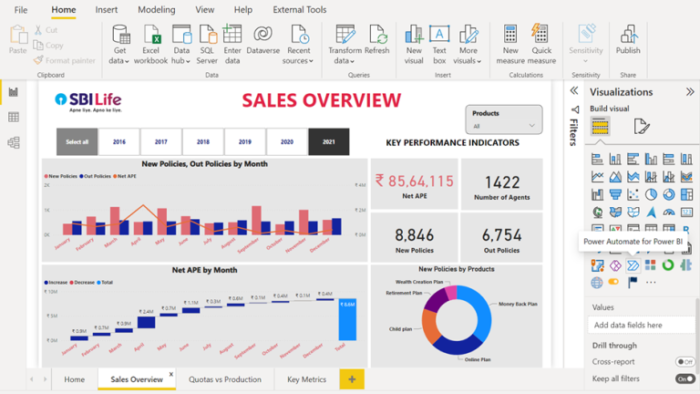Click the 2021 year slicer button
[328, 141]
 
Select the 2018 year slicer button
[202, 141]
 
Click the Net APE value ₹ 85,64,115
[414, 181]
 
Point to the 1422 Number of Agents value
[501, 182]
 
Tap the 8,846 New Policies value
[414, 234]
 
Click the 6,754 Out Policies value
[501, 234]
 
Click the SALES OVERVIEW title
[321, 100]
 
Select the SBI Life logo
[88, 101]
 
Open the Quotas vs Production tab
[224, 379]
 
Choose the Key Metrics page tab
[306, 379]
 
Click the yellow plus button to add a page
[351, 379]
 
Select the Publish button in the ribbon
[628, 41]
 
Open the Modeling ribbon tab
[156, 10]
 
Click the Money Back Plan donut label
[518, 304]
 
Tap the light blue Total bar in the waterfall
[347, 318]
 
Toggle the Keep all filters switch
[684, 378]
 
